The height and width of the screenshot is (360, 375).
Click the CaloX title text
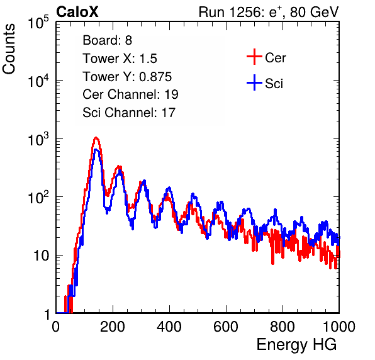[77, 12]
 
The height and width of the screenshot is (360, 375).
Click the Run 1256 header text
[269, 12]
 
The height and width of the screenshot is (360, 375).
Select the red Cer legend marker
[254, 57]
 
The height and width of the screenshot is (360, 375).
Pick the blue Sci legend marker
[254, 82]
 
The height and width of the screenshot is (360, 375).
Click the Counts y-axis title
[9, 49]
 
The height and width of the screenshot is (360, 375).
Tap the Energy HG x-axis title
[296, 344]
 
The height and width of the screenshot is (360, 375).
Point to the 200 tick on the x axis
[113, 327]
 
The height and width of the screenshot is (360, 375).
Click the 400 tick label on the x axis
[169, 327]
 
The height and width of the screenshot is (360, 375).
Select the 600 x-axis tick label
[226, 327]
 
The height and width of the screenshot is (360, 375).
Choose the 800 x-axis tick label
[283, 327]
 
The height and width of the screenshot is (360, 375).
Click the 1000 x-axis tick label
[339, 327]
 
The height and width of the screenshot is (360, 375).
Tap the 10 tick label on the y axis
[41, 256]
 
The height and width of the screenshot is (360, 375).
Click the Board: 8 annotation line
[108, 40]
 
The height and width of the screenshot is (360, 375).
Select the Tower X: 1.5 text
[120, 59]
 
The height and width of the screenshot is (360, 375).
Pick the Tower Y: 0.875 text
[127, 77]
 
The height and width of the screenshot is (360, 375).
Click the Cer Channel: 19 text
[131, 94]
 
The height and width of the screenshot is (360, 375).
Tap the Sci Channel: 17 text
[129, 113]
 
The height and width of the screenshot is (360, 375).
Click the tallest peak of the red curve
[96, 138]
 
